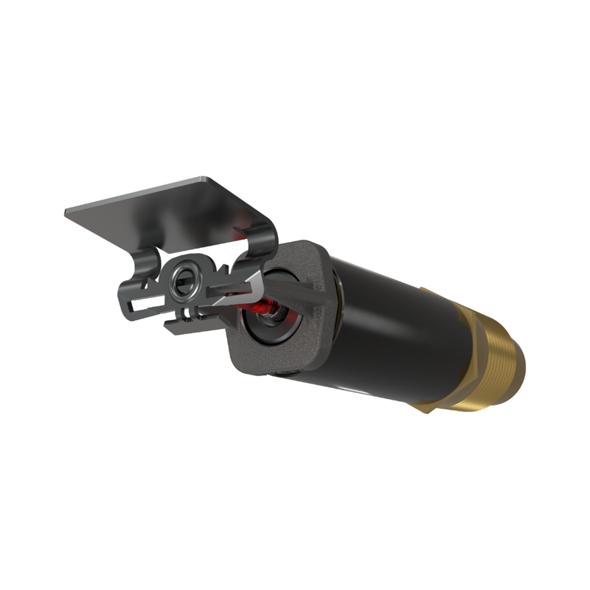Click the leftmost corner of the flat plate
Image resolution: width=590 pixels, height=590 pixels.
pyautogui.click(x=67, y=212)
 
